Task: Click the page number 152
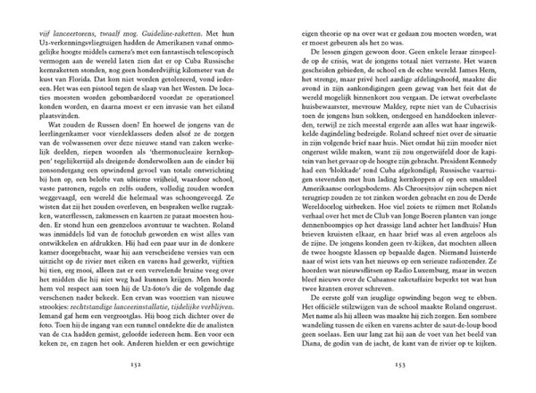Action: (137, 365)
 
